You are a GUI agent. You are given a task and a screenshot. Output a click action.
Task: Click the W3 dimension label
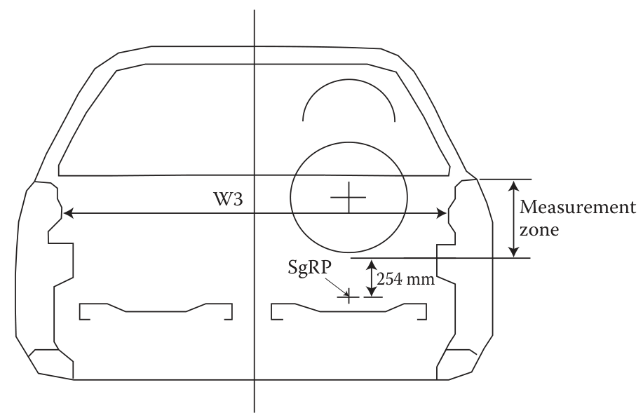228,199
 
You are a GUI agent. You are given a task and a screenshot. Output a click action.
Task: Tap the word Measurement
577,207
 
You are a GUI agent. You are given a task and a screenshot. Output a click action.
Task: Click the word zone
539,230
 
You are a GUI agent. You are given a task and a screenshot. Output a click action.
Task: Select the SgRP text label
309,269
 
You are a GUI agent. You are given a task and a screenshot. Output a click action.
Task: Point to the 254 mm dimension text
405,279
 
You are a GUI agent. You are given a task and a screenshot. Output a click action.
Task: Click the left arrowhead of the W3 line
69,213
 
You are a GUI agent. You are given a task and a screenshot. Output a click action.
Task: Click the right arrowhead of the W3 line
442,213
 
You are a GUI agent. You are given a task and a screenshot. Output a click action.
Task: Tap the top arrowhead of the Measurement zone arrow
513,185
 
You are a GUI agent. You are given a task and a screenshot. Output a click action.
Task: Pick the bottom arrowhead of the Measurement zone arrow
513,252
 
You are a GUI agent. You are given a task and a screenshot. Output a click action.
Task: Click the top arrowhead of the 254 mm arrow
371,265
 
